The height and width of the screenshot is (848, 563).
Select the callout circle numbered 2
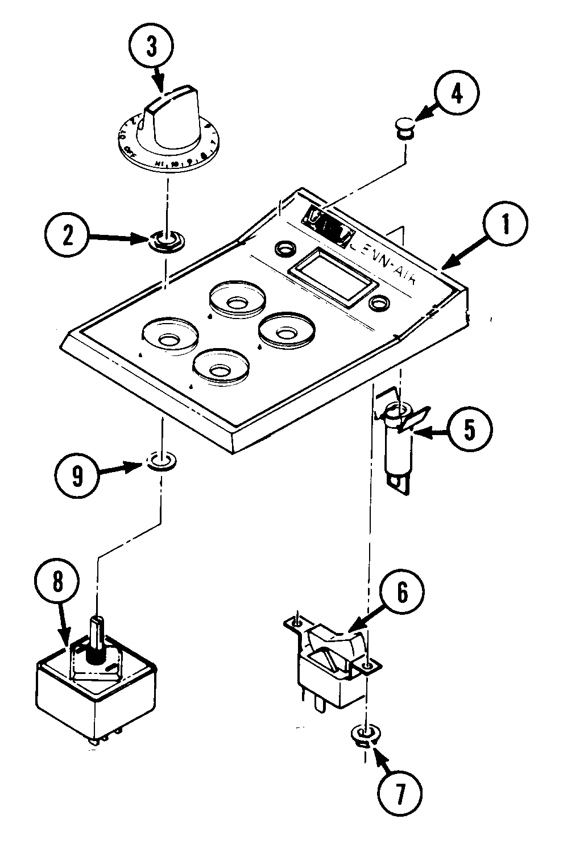[x=68, y=236]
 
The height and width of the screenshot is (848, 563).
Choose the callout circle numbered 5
[x=469, y=430]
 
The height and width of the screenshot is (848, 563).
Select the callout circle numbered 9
[x=77, y=474]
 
